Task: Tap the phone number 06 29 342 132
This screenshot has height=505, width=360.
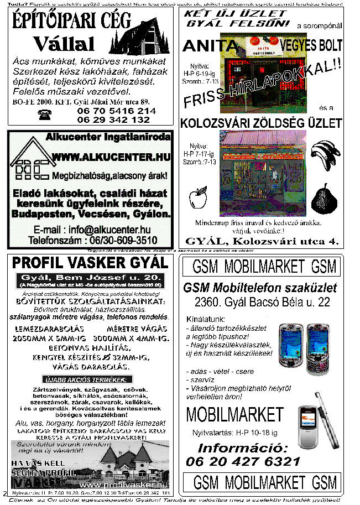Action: tap(113, 119)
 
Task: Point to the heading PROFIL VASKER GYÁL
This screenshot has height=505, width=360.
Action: tap(90, 262)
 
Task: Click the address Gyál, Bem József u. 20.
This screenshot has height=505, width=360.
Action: tap(90, 277)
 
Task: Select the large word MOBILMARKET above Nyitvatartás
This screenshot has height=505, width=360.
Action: tap(234, 414)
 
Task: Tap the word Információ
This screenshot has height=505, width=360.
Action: tap(243, 447)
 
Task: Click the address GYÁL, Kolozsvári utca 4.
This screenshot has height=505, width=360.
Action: tap(262, 241)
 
